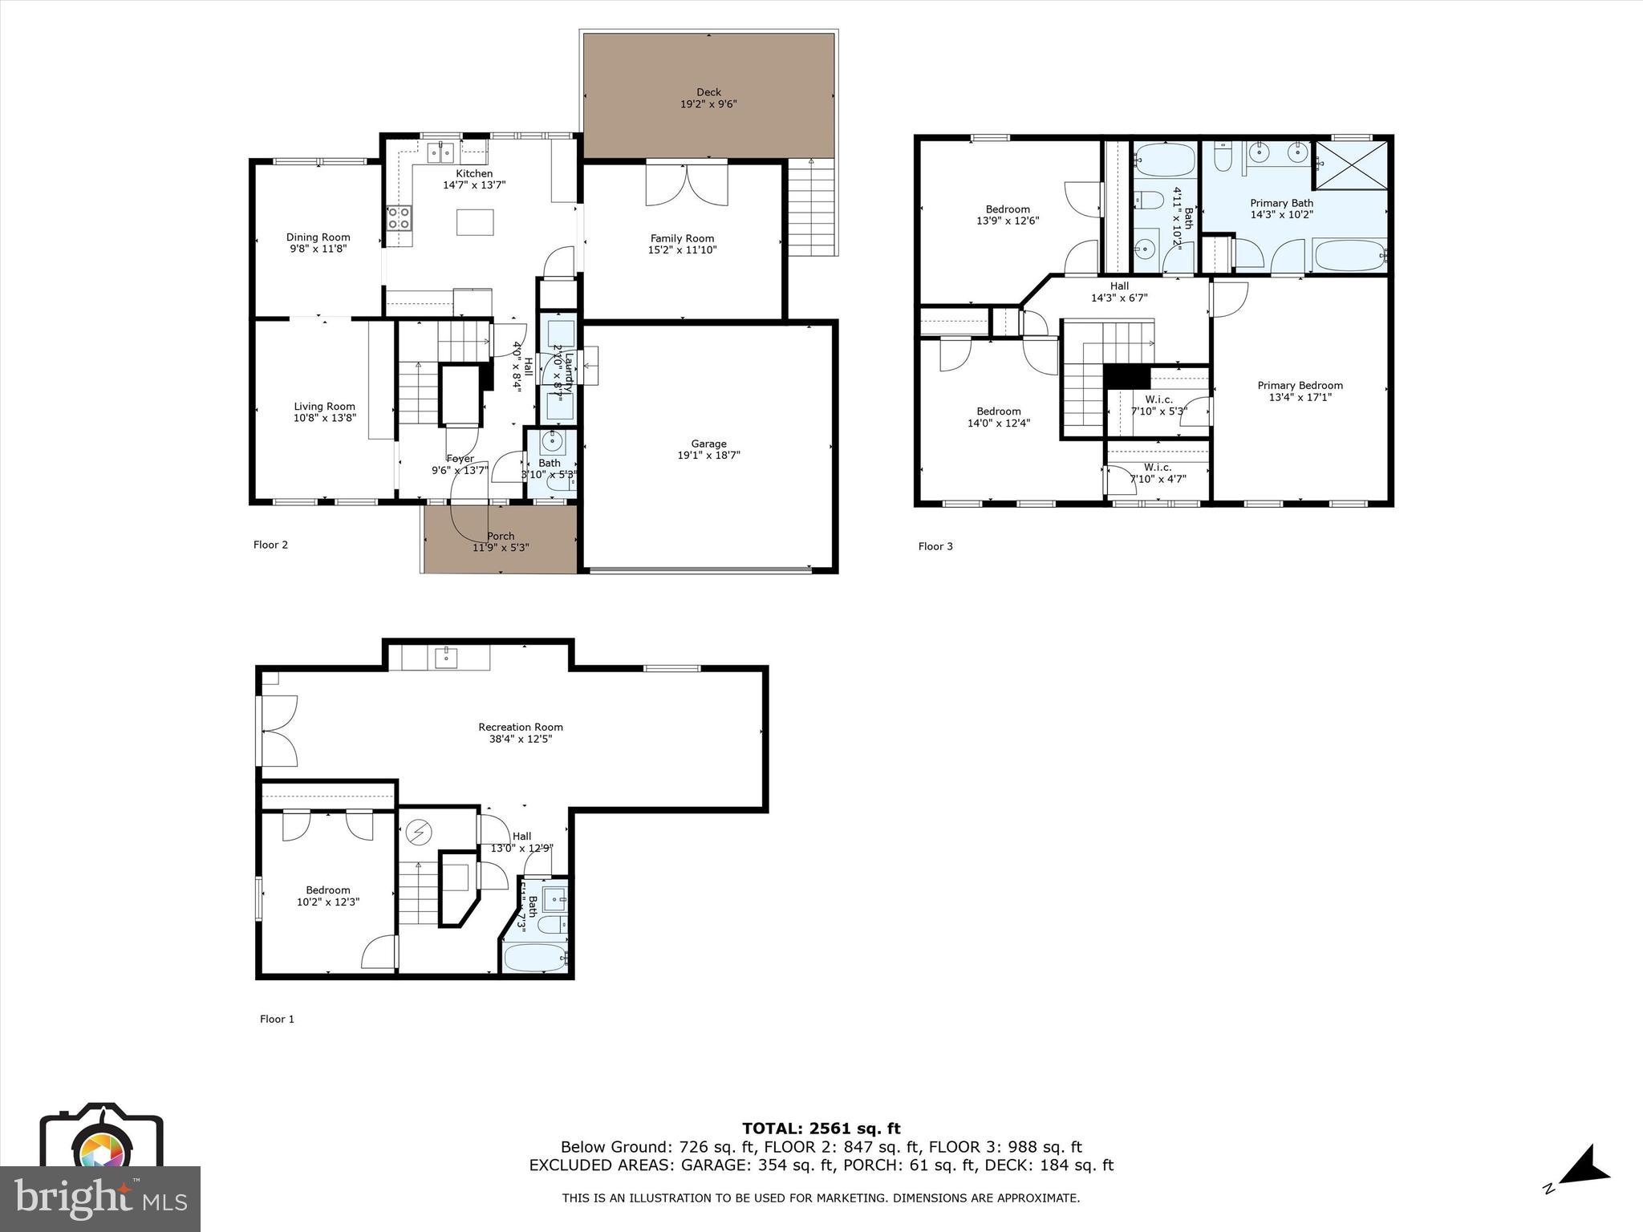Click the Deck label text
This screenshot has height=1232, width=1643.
708,92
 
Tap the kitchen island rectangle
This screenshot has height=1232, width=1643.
475,222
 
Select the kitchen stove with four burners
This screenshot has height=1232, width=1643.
400,217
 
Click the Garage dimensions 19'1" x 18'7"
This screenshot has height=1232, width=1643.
708,456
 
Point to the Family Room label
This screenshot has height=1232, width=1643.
682,238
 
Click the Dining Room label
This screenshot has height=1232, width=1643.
318,237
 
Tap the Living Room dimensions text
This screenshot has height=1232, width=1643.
324,418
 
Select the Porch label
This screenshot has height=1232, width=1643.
501,537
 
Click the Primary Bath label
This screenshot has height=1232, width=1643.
1281,203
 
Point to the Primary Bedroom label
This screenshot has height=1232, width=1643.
1300,386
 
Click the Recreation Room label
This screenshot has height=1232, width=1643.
521,727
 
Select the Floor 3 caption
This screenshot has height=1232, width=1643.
935,547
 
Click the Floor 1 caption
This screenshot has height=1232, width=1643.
277,1019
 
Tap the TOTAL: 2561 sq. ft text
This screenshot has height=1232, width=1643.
821,1129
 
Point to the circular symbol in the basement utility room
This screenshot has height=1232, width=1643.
417,833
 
